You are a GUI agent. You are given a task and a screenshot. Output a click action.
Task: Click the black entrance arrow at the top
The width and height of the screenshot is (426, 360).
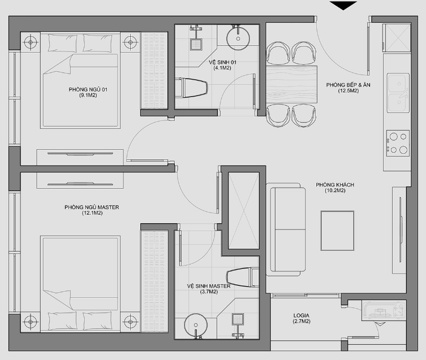343,5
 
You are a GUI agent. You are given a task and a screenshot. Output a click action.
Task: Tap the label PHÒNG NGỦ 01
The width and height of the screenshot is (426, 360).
88,89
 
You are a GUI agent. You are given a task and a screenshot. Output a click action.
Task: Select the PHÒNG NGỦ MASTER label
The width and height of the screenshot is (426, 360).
92,207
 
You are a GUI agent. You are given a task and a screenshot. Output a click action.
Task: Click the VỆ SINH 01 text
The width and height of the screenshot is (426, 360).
222,62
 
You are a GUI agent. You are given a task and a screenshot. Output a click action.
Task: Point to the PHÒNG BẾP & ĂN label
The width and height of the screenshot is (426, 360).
348,85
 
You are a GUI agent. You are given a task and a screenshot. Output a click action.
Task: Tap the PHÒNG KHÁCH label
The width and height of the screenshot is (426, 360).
335,185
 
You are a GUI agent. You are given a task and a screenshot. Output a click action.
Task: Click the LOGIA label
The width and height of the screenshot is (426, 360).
302,315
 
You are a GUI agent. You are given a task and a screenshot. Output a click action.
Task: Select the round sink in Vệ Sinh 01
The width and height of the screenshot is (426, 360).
238,38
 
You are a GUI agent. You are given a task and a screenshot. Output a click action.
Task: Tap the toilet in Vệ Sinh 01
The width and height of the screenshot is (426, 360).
191,88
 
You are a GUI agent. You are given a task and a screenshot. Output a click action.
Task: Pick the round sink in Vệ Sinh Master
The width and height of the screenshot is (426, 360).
196,326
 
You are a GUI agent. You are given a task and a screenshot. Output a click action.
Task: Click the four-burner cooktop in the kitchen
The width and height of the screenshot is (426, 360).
398,143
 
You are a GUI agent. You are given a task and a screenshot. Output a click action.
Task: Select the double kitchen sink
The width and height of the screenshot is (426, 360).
398,93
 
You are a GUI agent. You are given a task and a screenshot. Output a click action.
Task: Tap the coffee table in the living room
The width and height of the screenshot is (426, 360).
337,231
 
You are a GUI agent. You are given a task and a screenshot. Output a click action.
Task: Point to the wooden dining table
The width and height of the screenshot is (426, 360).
291,84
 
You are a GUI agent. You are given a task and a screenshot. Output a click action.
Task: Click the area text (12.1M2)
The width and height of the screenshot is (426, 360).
92,213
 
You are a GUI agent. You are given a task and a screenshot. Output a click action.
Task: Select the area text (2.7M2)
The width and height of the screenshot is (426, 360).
302,322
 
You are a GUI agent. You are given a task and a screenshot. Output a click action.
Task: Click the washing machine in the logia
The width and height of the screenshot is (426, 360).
384,310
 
